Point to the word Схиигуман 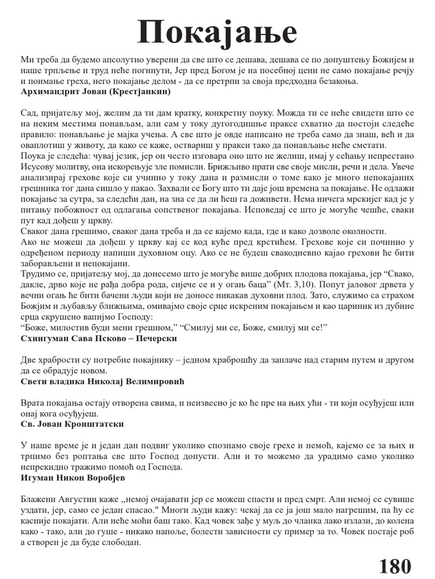[44, 338]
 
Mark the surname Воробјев [109, 478]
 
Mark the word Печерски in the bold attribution [155, 338]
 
